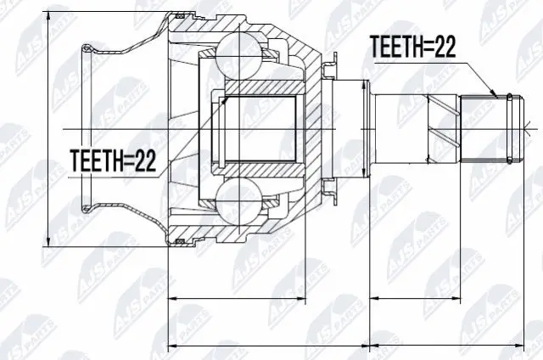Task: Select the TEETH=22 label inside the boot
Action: [x=113, y=160]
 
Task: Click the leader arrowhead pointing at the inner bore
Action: [x=225, y=99]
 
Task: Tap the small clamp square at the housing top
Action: [x=179, y=15]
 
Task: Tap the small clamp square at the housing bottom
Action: [x=179, y=243]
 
